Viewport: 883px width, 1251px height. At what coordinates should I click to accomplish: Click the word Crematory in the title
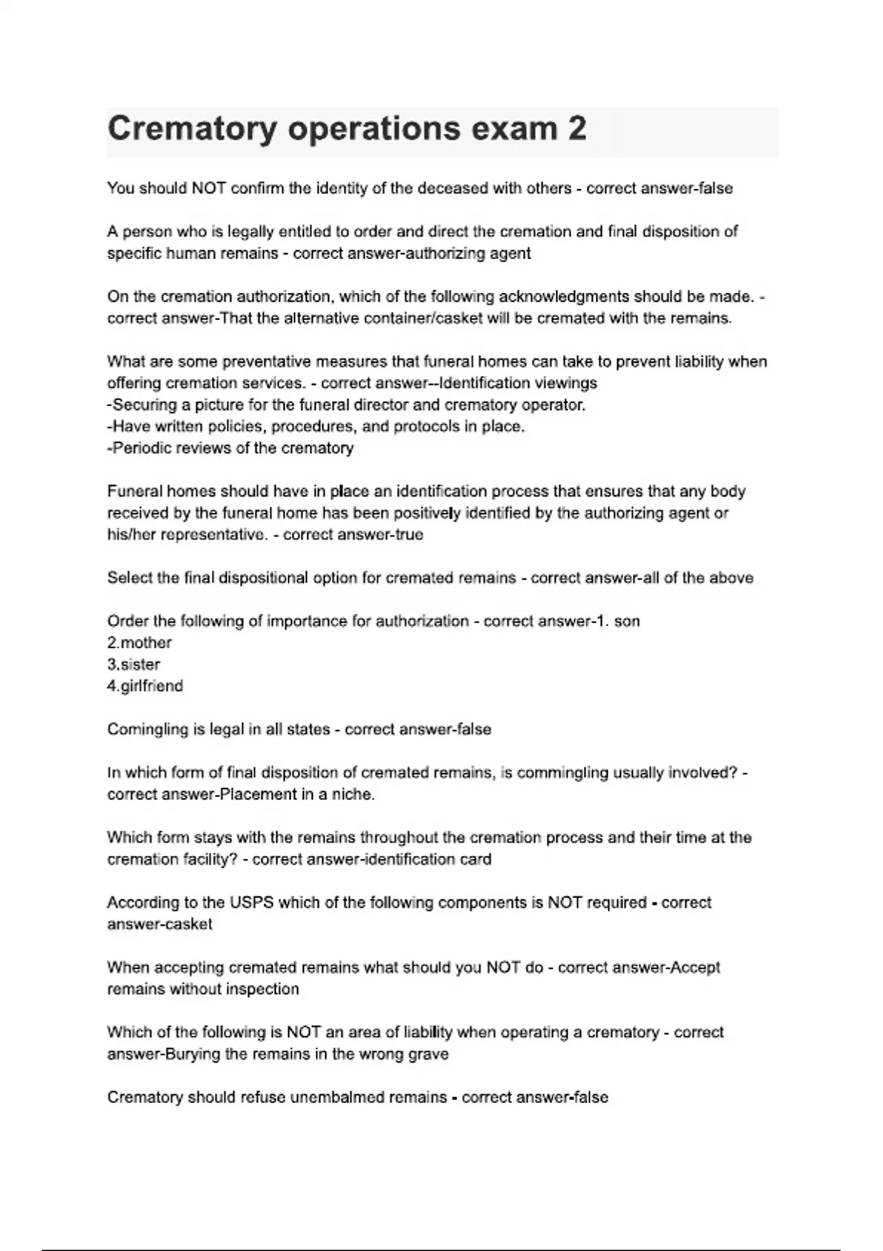coord(192,129)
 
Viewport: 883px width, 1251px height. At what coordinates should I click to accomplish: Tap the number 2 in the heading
coord(577,129)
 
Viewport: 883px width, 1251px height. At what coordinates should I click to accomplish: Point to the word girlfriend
coord(150,686)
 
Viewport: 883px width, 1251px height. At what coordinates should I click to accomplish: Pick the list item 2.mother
coord(140,642)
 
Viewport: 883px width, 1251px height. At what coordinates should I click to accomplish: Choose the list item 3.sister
coord(134,665)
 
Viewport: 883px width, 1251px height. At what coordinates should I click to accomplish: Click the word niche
coord(355,795)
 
